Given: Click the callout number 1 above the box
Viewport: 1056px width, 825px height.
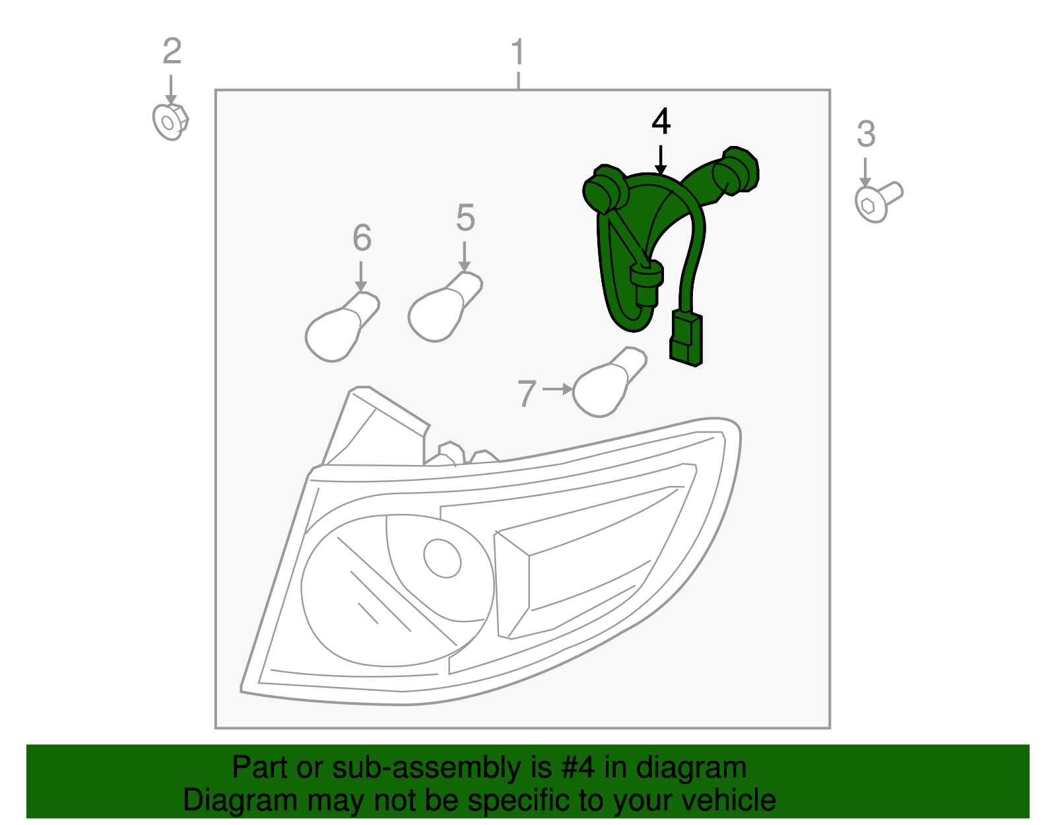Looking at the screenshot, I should (518, 52).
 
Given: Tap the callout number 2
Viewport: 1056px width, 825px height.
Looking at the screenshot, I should (172, 52).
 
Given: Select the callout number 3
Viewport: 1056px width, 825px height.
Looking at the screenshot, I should (866, 134).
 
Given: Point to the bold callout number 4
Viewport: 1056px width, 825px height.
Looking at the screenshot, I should (661, 122).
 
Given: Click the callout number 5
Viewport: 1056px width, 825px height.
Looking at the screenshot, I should (465, 218).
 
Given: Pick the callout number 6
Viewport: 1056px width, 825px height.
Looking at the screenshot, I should (362, 238).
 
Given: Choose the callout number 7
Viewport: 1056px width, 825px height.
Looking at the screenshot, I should (526, 394).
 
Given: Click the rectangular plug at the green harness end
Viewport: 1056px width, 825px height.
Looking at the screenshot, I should (686, 338).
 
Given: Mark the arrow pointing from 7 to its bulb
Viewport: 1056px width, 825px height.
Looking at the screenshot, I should (558, 390).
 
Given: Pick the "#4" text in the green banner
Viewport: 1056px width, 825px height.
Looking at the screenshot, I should (578, 768).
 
